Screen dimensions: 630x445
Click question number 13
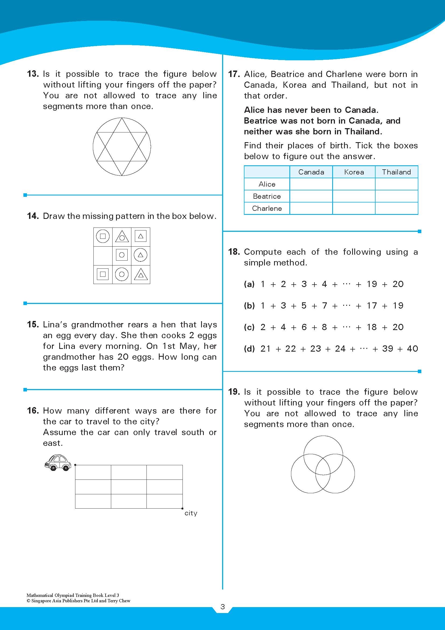tap(33, 74)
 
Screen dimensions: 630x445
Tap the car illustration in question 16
tap(58, 462)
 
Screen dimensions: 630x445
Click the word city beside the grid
tap(191, 513)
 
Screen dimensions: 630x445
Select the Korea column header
tap(354, 172)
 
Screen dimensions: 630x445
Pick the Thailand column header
tap(397, 172)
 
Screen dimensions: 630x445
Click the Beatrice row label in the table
tap(267, 196)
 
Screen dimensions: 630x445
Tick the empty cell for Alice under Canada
tap(311, 184)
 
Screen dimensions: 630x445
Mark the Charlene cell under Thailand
tap(397, 208)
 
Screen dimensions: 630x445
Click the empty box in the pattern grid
tap(103, 255)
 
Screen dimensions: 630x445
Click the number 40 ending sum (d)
tap(412, 349)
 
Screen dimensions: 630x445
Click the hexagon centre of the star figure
tap(122, 147)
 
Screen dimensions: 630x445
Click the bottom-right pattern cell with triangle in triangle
tap(141, 274)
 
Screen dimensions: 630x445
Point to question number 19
tap(234, 392)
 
